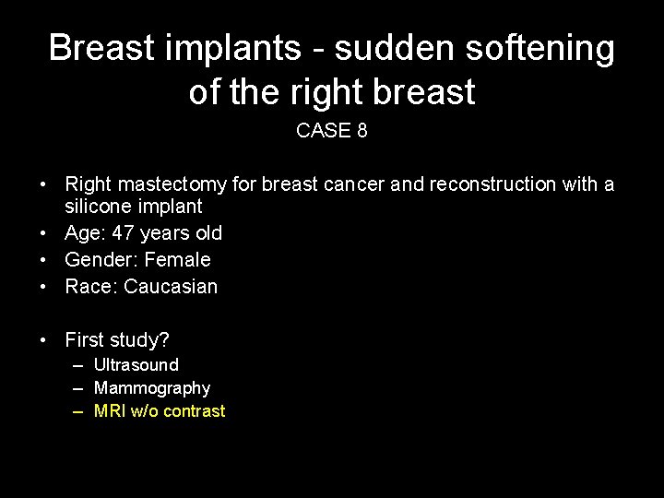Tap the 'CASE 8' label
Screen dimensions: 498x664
coord(332,131)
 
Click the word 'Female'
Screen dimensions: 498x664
coord(177,260)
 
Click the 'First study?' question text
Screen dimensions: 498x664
coord(117,339)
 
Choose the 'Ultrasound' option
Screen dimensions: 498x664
coord(136,365)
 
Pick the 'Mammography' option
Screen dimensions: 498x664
coord(152,388)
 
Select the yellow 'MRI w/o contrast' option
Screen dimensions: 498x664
coord(160,411)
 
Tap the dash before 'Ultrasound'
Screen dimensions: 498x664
coord(79,365)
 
